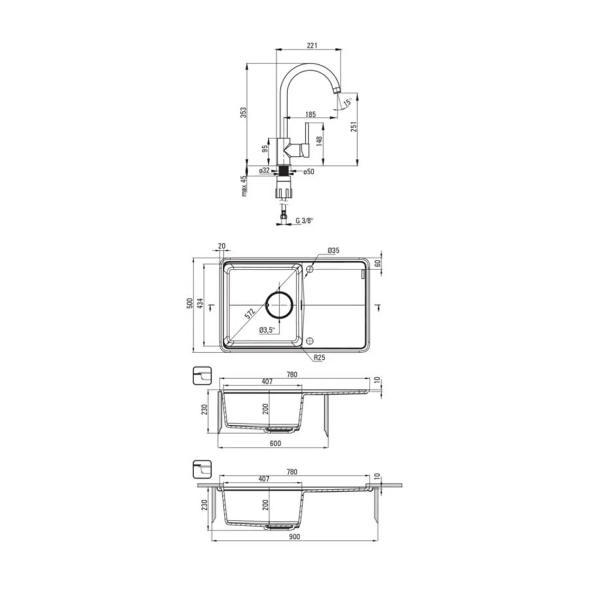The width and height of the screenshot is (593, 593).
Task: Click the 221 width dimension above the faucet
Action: pos(312,45)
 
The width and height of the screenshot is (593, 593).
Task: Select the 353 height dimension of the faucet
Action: pos(244,112)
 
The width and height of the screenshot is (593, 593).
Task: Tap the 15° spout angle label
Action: pos(348,102)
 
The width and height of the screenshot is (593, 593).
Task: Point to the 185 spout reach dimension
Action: pos(310,114)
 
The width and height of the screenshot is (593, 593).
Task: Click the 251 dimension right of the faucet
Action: pos(354,126)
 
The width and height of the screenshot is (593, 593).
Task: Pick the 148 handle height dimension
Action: pos(319,141)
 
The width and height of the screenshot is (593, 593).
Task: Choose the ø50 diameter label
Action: pos(309,172)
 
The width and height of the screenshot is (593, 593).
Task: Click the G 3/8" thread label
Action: pos(305,221)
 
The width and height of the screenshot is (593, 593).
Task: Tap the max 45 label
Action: pos(244,186)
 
